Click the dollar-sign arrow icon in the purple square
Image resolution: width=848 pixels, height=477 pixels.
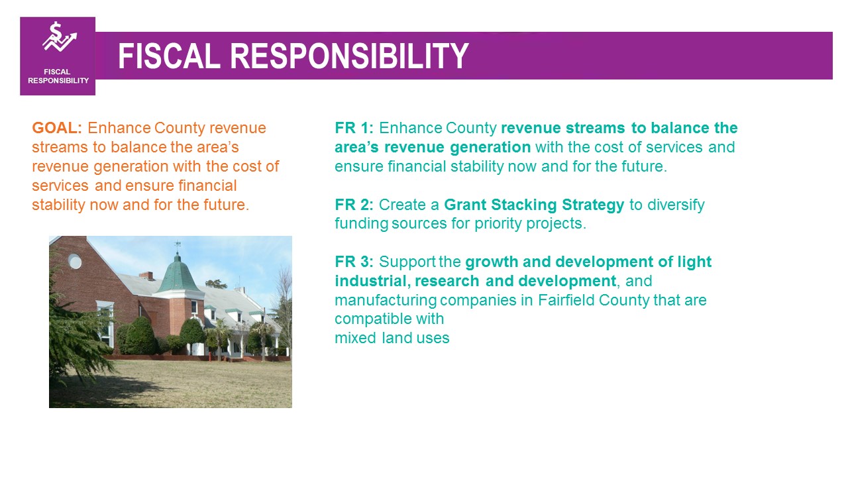pos(60,36)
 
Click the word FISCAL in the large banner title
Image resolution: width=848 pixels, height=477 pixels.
pos(169,56)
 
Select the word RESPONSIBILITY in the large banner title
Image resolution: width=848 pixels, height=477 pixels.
pos(349,56)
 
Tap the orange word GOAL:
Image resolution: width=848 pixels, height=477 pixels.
pos(57,128)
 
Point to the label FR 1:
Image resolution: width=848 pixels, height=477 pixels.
pos(354,128)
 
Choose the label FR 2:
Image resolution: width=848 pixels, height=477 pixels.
pos(354,205)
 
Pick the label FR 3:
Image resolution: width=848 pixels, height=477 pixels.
pos(354,262)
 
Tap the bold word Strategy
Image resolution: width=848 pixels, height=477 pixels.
pos(593,205)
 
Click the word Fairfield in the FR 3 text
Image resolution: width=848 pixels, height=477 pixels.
pos(566,300)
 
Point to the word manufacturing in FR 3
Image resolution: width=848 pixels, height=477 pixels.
pos(386,301)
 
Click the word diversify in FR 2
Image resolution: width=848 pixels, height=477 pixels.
pos(676,205)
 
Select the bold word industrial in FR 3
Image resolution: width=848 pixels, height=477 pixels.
pos(372,282)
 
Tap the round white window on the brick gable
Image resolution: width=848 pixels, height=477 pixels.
pos(75,261)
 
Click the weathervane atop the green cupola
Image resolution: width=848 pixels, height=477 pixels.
pos(177,245)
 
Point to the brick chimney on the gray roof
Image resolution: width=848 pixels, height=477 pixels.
pos(146,276)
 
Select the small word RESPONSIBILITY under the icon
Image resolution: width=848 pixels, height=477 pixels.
pos(58,81)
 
